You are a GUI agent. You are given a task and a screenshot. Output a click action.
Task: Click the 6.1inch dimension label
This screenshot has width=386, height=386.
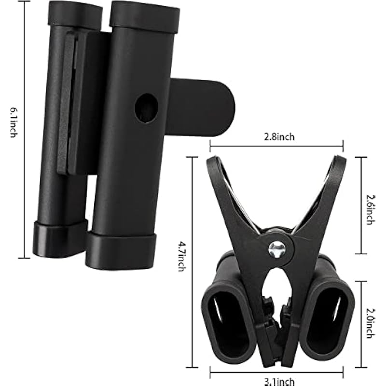[14, 123]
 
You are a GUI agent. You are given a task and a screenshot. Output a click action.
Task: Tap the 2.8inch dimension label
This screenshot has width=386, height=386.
[279, 137]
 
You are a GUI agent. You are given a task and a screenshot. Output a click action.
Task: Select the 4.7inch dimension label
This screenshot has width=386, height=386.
[182, 257]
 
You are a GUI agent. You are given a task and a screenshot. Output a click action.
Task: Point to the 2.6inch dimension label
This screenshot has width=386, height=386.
[370, 210]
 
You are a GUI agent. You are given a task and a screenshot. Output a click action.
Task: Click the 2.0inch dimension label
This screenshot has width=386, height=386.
[370, 323]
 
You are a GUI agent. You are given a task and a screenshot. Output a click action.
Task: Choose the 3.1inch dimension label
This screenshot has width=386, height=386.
[279, 382]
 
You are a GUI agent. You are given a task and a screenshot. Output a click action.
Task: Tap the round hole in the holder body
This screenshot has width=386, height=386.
[147, 108]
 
